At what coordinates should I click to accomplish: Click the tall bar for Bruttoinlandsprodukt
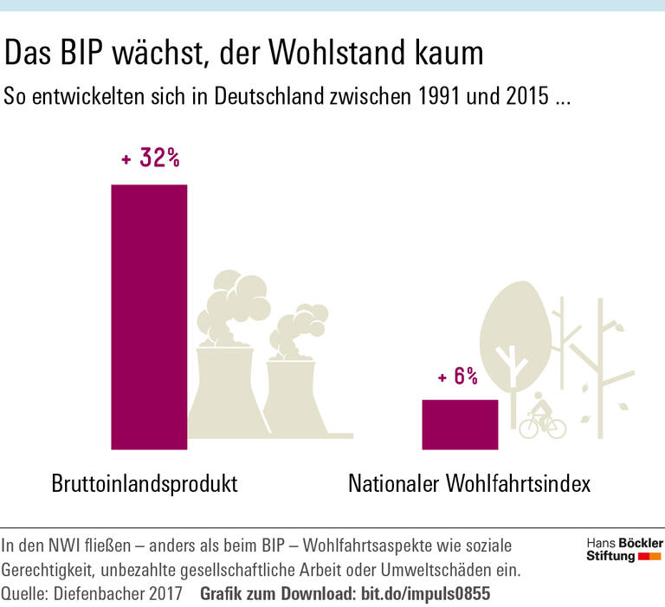pos(149,317)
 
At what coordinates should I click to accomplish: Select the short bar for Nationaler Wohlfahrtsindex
pos(460,424)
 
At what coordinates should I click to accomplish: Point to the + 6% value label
pos(457,377)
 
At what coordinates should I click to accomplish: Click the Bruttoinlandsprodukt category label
pos(145,483)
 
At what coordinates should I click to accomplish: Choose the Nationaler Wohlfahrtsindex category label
pos(468,483)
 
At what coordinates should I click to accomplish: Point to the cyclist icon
pos(542,417)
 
